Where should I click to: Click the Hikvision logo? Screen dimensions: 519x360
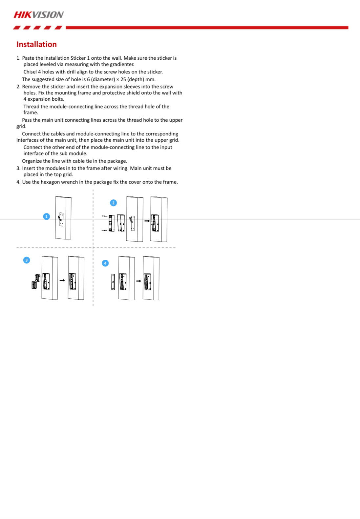[x=38, y=15]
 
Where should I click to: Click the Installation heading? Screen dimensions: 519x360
[x=36, y=44]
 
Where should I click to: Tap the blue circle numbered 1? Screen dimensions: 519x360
[x=47, y=216]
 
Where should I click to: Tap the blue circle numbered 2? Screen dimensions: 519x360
[x=113, y=203]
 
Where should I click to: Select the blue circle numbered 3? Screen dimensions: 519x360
[x=27, y=260]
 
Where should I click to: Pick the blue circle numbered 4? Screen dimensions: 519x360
[x=105, y=263]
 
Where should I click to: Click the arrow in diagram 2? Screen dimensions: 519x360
[x=147, y=221]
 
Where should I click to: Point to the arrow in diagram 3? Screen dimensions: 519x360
[x=62, y=280]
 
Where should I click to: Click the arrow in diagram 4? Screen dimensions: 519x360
[x=139, y=281]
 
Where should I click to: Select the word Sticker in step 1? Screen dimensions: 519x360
[x=78, y=58]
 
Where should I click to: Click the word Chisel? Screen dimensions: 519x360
[x=30, y=72]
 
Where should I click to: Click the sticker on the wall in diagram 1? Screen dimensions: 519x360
[x=61, y=219]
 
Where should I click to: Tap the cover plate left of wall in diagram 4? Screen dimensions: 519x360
[x=113, y=282]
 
